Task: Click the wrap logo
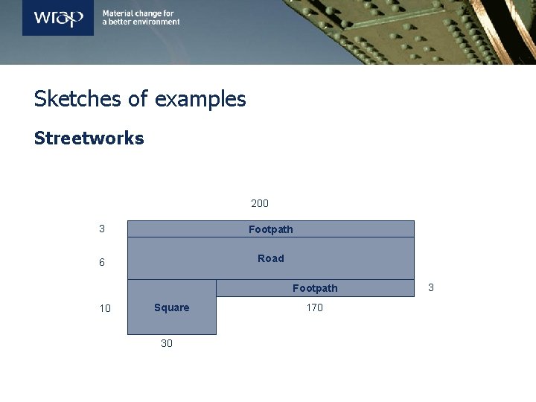click(58, 17)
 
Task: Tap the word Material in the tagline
click(117, 13)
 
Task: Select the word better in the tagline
click(118, 22)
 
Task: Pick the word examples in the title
click(200, 99)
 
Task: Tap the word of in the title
click(139, 99)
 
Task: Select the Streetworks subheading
click(89, 138)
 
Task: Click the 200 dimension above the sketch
click(260, 203)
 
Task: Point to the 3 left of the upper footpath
click(102, 229)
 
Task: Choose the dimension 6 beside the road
click(102, 263)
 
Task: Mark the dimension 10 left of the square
click(105, 308)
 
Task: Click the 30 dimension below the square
click(167, 343)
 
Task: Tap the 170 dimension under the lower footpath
click(315, 307)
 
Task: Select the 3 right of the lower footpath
click(430, 287)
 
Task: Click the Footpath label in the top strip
click(271, 229)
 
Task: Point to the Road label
click(271, 258)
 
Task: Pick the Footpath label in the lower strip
click(315, 288)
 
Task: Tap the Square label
click(172, 307)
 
